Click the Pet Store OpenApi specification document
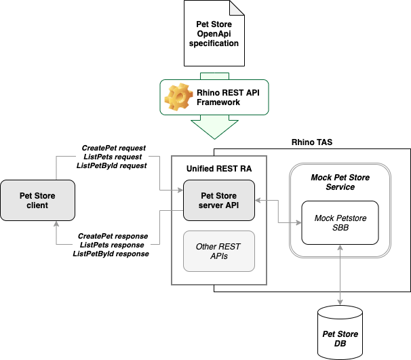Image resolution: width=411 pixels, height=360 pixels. (212, 34)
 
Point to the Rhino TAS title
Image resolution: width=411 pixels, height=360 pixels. (311, 142)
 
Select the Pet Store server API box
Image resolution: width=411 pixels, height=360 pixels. (218, 200)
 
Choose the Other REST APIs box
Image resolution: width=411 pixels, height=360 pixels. (218, 252)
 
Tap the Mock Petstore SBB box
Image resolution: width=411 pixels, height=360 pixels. (340, 223)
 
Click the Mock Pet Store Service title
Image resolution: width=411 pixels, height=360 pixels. (340, 182)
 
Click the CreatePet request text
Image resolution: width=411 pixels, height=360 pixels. (114, 148)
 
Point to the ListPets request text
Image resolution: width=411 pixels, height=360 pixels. (114, 157)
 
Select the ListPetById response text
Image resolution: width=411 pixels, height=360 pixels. (111, 254)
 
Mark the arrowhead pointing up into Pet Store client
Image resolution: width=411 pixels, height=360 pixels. (56, 224)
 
